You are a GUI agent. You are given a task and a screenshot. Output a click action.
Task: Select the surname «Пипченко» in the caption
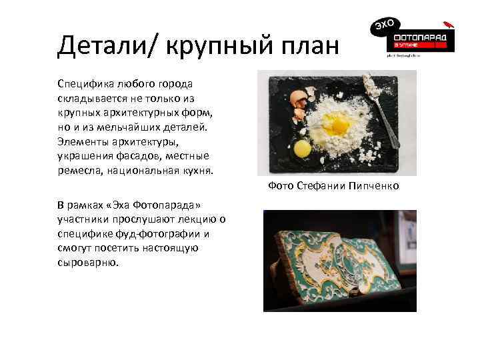pyautogui.click(x=373, y=186)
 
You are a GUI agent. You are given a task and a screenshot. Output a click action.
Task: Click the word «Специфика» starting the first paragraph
pyautogui.click(x=85, y=84)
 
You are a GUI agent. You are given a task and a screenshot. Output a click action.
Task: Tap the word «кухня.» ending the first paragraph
pyautogui.click(x=195, y=171)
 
